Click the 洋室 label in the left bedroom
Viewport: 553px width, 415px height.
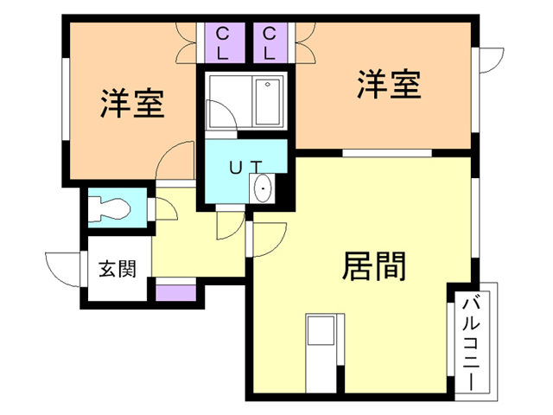pos(132,104)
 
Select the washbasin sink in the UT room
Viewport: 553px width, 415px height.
pos(264,187)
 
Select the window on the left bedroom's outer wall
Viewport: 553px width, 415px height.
pos(65,105)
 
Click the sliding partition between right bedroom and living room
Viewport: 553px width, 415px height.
pos(386,153)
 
